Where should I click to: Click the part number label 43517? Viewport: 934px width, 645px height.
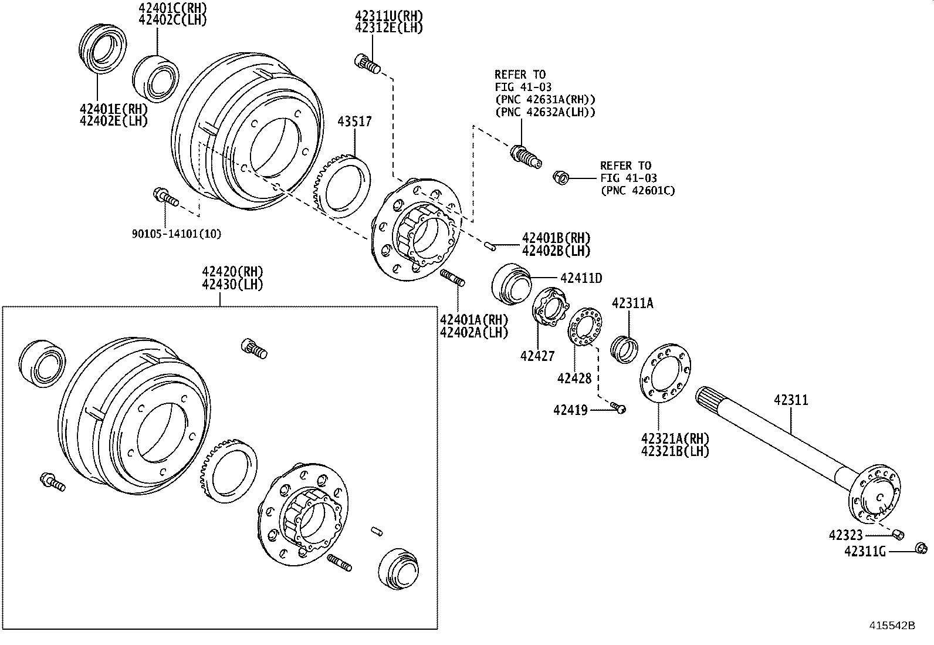coord(354,122)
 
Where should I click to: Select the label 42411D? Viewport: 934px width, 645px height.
coord(580,278)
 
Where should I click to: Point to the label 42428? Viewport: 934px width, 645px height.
coord(574,379)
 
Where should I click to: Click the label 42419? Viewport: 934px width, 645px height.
coord(570,410)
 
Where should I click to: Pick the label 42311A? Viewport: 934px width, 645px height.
coord(632,303)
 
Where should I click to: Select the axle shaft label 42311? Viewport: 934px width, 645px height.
coord(790,400)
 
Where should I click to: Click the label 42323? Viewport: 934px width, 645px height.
coord(845,535)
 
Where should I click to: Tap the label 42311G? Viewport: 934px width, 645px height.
coord(864,551)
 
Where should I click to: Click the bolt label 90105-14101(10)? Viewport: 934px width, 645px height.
coord(176,234)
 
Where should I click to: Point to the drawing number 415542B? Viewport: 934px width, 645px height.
coord(892,626)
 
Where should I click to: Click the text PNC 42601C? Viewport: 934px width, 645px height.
coord(637,190)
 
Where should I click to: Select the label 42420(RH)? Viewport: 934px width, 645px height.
coord(232,272)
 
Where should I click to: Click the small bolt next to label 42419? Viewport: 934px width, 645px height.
coord(618,407)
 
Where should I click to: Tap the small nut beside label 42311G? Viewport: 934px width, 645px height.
coord(920,549)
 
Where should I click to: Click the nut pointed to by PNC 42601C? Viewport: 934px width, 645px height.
coord(560,177)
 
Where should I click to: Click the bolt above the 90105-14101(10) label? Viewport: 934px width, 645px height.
coord(165,198)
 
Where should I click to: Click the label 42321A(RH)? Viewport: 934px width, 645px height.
coord(675,439)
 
